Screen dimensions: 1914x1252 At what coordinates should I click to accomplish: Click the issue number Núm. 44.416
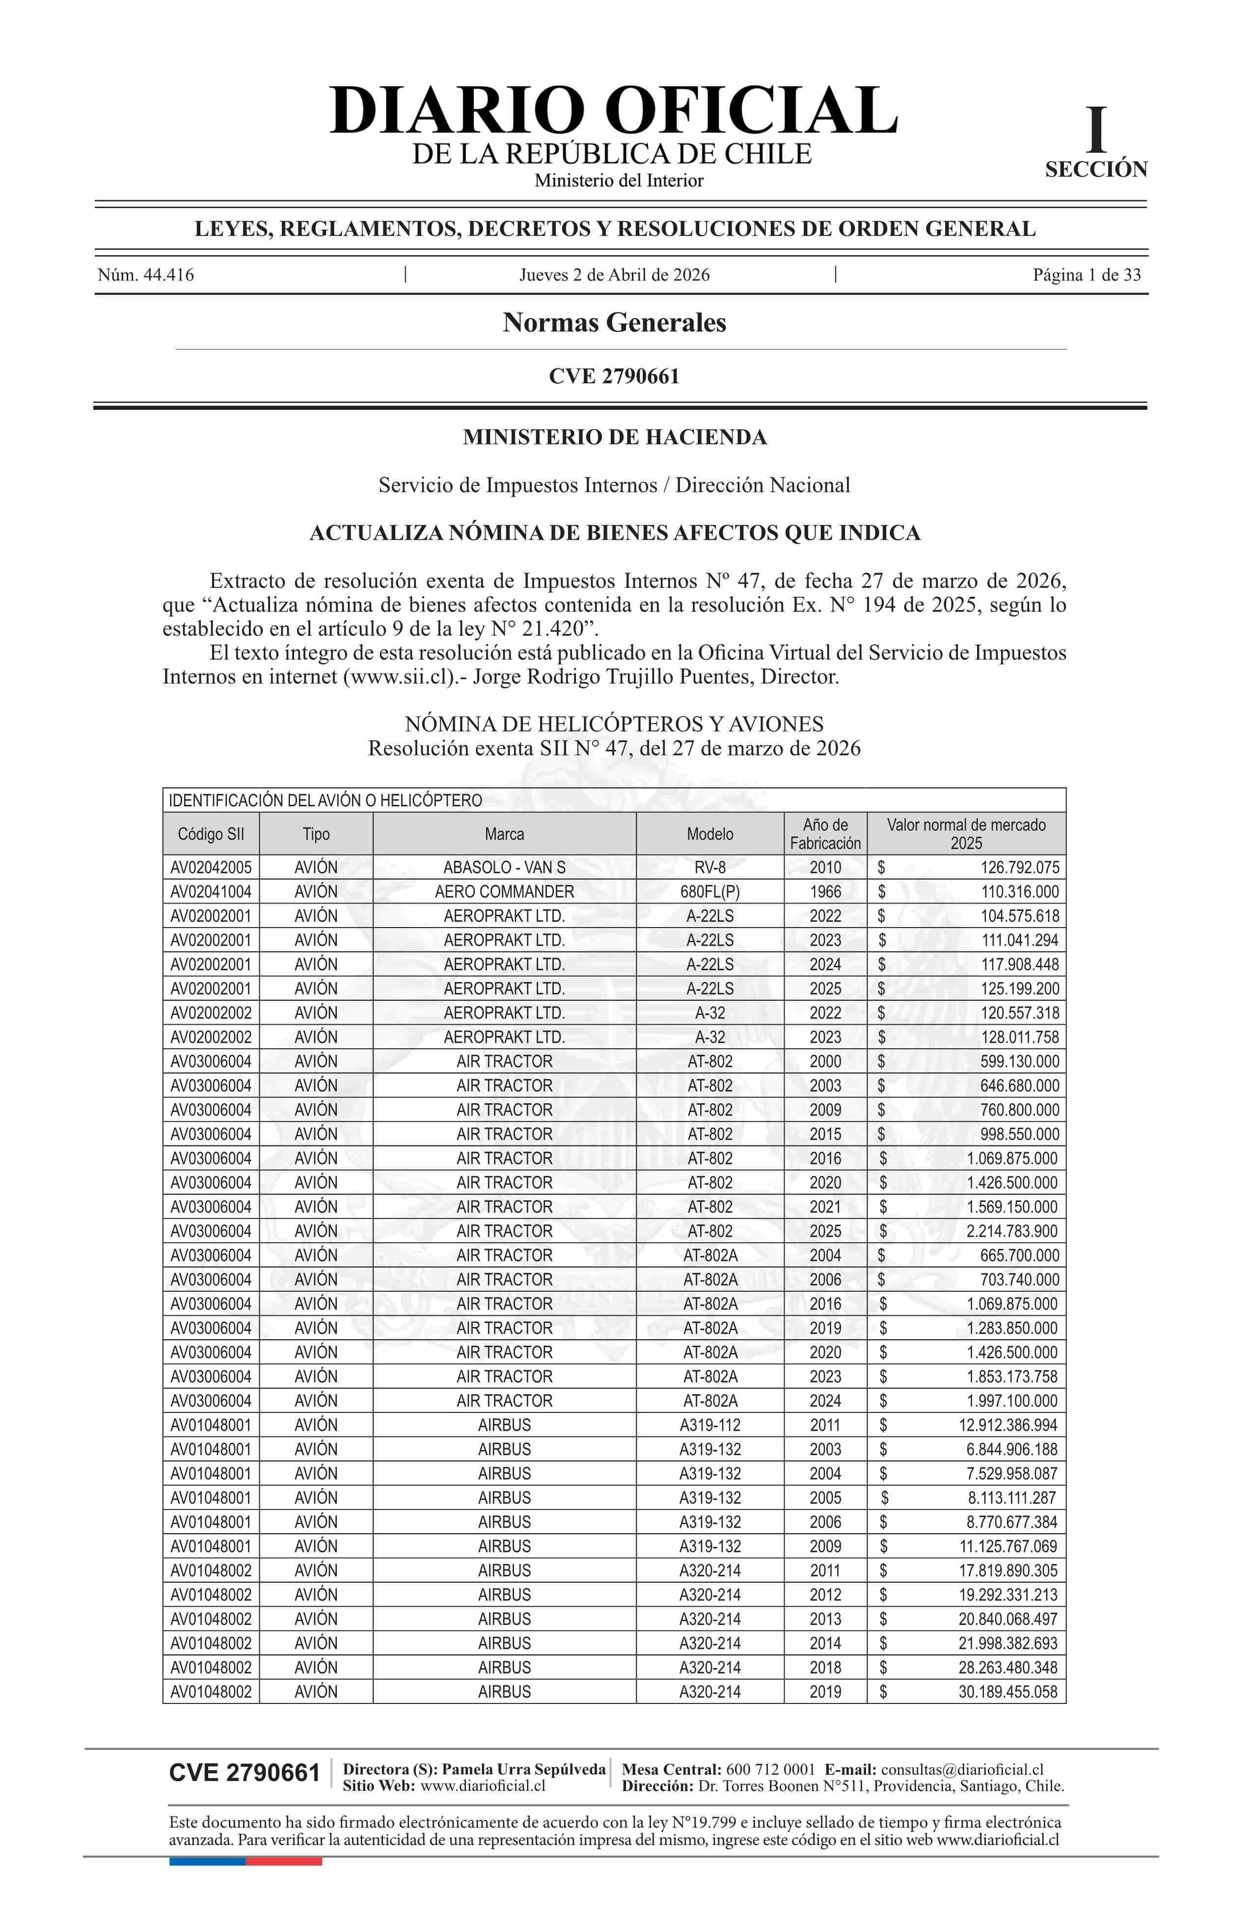pos(146,275)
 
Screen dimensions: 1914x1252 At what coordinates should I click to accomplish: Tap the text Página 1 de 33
pos(1086,275)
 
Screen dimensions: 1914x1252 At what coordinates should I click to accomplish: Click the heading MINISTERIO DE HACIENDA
pos(615,437)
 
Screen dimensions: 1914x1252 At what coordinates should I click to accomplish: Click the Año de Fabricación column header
pos(825,834)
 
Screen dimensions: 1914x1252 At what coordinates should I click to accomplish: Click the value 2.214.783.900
pos(1013,1231)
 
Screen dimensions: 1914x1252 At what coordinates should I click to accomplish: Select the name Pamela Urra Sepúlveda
pos(524,1769)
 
